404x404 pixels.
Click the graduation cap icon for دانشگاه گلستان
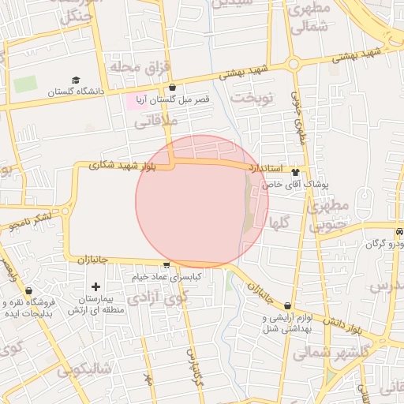76,80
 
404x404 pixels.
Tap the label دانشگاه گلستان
76,92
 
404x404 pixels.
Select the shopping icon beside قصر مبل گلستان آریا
172,88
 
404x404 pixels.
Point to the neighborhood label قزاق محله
130,68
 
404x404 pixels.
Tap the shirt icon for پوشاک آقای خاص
296,172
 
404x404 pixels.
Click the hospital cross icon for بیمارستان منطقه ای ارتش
96,287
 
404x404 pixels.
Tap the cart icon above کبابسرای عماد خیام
166,265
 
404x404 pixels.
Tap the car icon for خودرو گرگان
399,232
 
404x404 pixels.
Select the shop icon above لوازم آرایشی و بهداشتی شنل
287,306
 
